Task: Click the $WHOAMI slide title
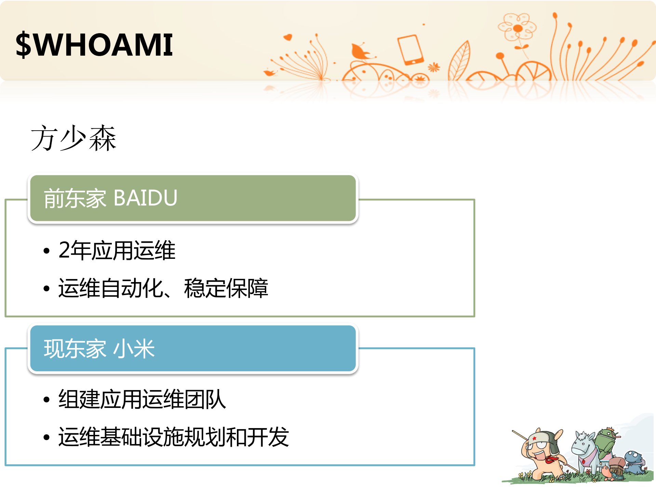(94, 45)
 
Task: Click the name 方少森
(73, 138)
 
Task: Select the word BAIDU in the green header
(145, 198)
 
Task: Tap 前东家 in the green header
(75, 198)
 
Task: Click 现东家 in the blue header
(75, 349)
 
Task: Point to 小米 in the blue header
(134, 349)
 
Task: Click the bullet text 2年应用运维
(117, 251)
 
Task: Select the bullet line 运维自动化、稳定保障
(163, 288)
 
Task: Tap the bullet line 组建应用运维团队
(142, 399)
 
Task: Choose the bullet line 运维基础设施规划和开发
(173, 437)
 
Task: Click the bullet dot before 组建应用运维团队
(47, 400)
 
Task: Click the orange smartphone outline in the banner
(410, 50)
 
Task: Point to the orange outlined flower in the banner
(517, 27)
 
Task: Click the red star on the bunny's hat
(534, 438)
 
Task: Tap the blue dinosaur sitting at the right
(634, 461)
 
